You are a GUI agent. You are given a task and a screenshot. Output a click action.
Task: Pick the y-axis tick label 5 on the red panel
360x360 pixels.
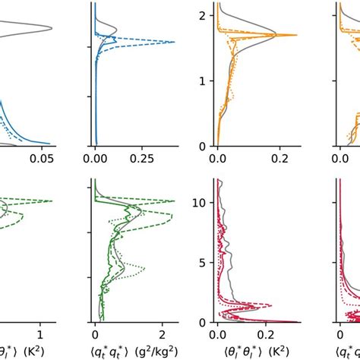203,262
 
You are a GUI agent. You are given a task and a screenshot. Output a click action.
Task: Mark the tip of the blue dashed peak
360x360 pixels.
175,43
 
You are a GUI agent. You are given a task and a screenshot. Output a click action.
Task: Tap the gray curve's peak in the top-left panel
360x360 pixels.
52,29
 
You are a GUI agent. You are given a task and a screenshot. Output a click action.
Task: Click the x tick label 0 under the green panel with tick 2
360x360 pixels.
95,334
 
